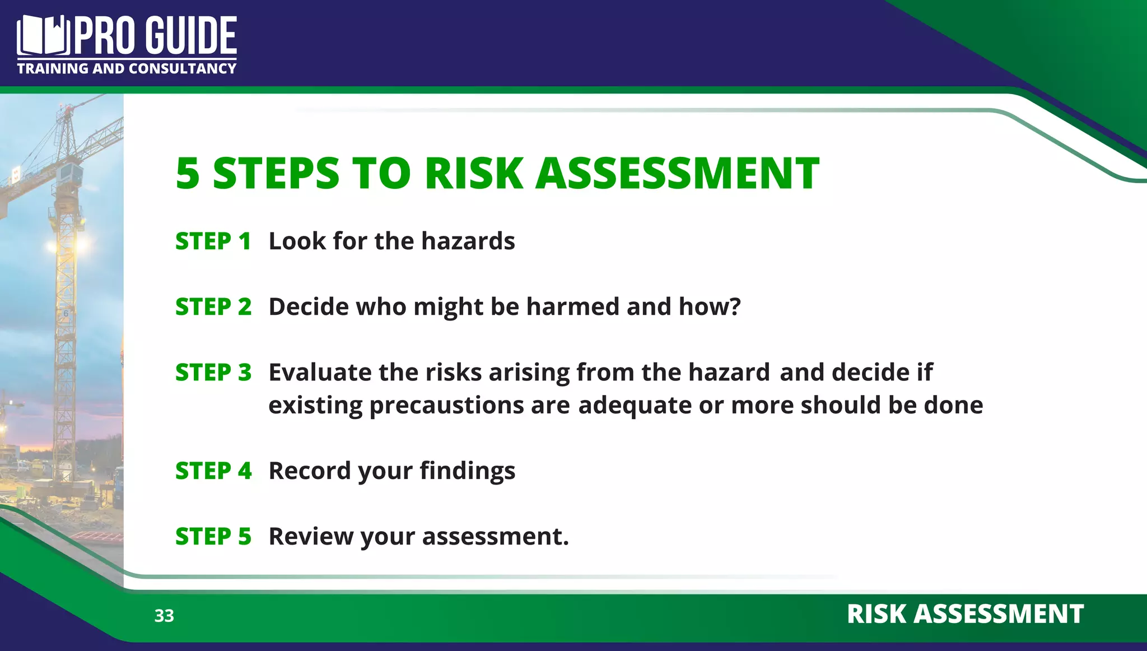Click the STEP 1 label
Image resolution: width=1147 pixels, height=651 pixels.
click(213, 241)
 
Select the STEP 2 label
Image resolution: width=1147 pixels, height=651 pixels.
click(213, 307)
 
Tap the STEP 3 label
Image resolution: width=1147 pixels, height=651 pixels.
click(213, 373)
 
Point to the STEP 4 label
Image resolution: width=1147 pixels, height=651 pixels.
click(213, 471)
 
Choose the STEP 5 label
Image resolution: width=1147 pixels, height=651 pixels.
click(213, 537)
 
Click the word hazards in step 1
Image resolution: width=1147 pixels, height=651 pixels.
click(468, 241)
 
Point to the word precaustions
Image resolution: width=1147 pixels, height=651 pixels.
click(446, 406)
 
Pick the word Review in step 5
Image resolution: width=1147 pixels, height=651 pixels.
click(311, 537)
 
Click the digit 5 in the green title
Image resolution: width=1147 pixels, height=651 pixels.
click(188, 173)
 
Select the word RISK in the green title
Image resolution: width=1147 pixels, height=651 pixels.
click(474, 173)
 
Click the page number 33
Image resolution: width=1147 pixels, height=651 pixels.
click(164, 616)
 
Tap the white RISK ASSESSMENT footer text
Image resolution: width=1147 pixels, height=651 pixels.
click(965, 614)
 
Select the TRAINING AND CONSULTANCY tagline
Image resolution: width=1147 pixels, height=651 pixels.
click(127, 68)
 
